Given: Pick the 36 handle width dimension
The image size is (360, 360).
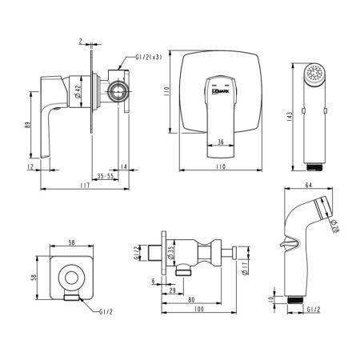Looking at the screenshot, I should click(221, 144).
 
